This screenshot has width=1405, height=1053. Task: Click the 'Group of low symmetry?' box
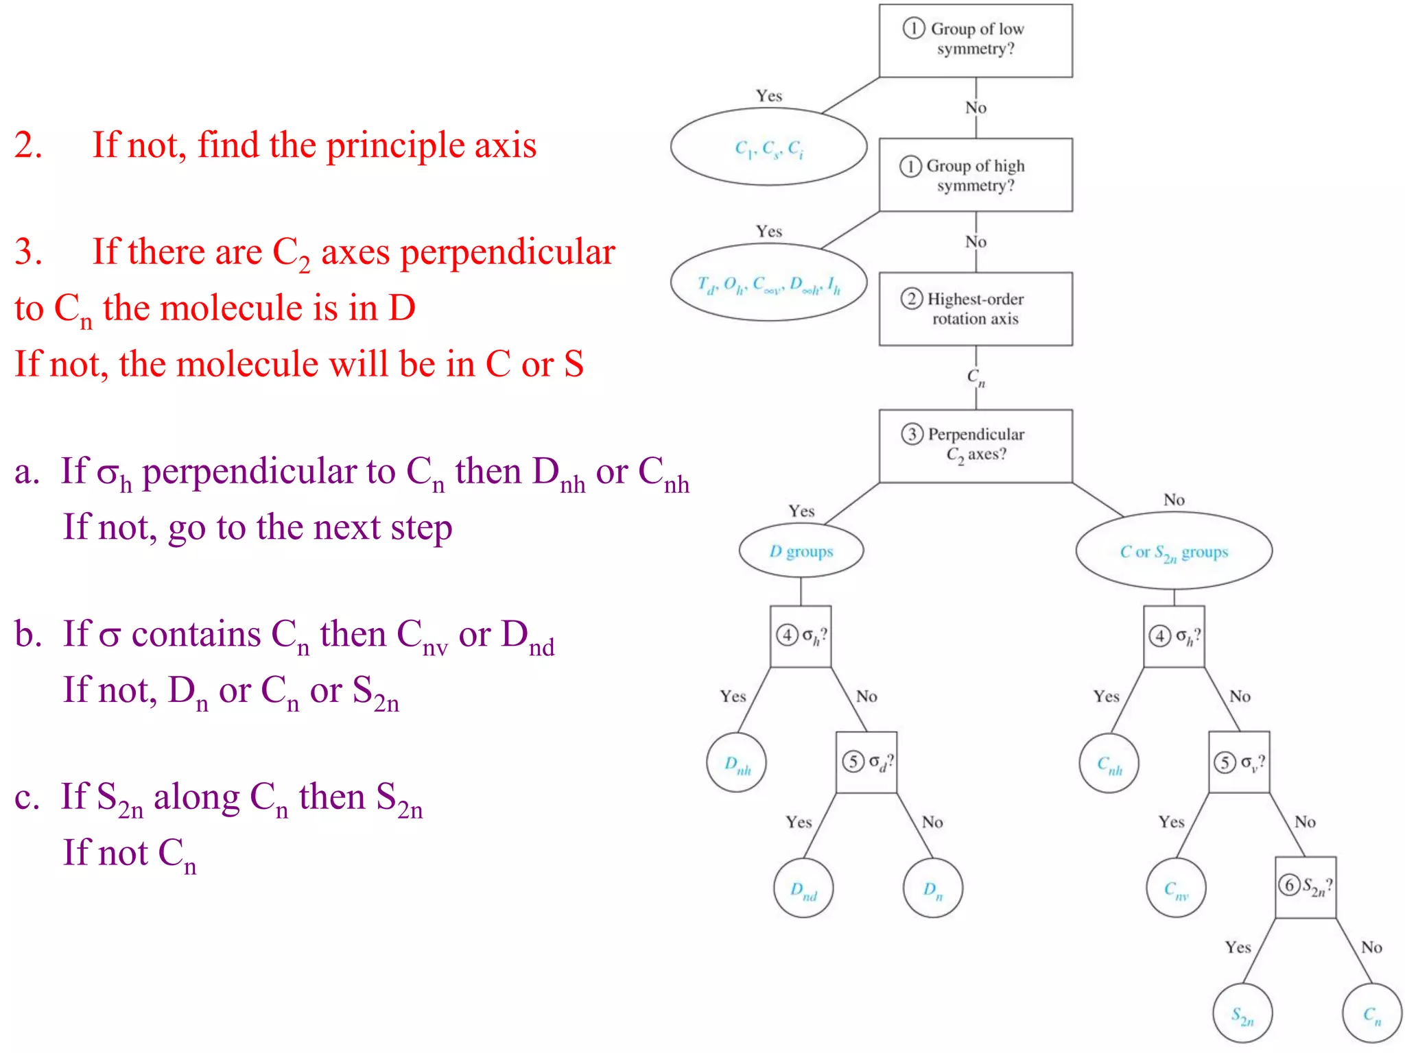tap(975, 40)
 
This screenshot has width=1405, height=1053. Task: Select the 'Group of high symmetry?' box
tap(975, 175)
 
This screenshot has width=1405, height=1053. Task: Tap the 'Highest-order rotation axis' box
tap(975, 308)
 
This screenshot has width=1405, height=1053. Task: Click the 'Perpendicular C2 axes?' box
tap(975, 446)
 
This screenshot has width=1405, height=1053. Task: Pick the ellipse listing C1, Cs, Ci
tap(768, 147)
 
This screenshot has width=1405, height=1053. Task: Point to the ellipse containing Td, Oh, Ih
tap(768, 282)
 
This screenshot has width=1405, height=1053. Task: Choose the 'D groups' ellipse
tap(801, 550)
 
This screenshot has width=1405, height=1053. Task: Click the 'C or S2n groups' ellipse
tap(1173, 550)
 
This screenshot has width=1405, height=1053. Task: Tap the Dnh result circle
tap(736, 762)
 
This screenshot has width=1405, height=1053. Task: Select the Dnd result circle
tap(803, 888)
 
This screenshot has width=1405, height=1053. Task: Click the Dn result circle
tap(932, 888)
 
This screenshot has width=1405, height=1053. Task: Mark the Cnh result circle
tap(1109, 762)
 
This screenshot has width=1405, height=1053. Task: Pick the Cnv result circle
tap(1175, 888)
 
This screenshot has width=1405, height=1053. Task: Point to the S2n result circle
tap(1242, 1013)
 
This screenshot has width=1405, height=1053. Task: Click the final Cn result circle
tap(1371, 1013)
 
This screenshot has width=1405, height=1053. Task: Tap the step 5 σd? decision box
tap(866, 762)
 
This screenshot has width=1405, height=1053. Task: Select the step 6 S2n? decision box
tap(1305, 887)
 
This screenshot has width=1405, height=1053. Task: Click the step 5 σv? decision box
tap(1238, 762)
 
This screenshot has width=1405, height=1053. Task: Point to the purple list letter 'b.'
tap(29, 634)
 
